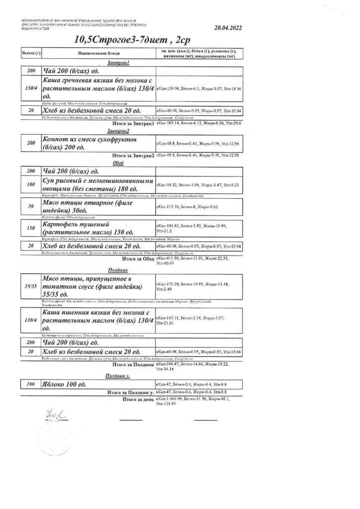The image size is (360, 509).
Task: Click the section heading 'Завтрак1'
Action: pyautogui.click(x=118, y=64)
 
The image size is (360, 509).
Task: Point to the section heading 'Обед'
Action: pyautogui.click(x=118, y=163)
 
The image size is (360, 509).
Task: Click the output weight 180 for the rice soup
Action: pyautogui.click(x=30, y=184)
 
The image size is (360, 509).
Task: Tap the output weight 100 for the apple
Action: pyautogui.click(x=30, y=385)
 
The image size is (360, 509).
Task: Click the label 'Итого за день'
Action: pyautogui.click(x=137, y=400)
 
